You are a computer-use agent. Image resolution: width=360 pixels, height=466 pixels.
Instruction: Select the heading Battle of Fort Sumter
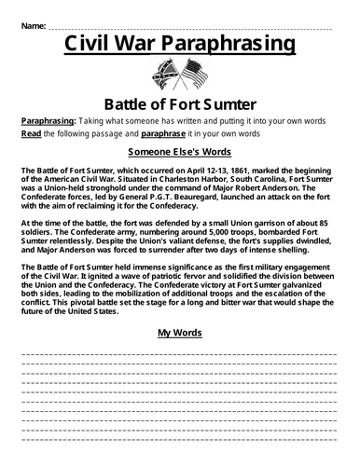(180, 103)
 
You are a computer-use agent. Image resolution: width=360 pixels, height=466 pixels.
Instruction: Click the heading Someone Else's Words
(180, 152)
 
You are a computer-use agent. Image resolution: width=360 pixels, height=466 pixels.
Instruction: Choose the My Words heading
(180, 331)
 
